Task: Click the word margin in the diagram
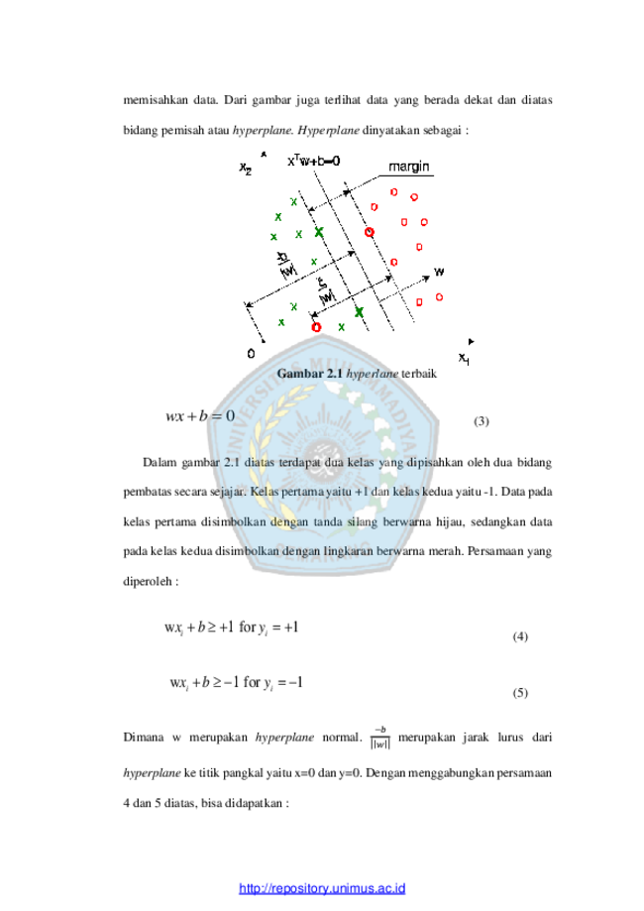click(x=409, y=167)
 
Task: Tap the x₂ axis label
click(x=246, y=169)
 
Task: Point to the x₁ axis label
click(x=464, y=359)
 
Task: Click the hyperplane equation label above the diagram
click(x=314, y=161)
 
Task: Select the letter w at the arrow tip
click(x=439, y=272)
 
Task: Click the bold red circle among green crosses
click(x=316, y=327)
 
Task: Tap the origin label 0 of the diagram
click(x=251, y=353)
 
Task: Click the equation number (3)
click(x=482, y=421)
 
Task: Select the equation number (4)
click(x=520, y=636)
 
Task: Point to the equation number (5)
click(x=520, y=693)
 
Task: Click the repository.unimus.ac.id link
click(x=322, y=888)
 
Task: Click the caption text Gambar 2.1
click(x=309, y=373)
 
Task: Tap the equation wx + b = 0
click(x=200, y=416)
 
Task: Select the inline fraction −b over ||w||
click(x=380, y=738)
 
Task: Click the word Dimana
click(x=144, y=738)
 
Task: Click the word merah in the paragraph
click(x=445, y=551)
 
